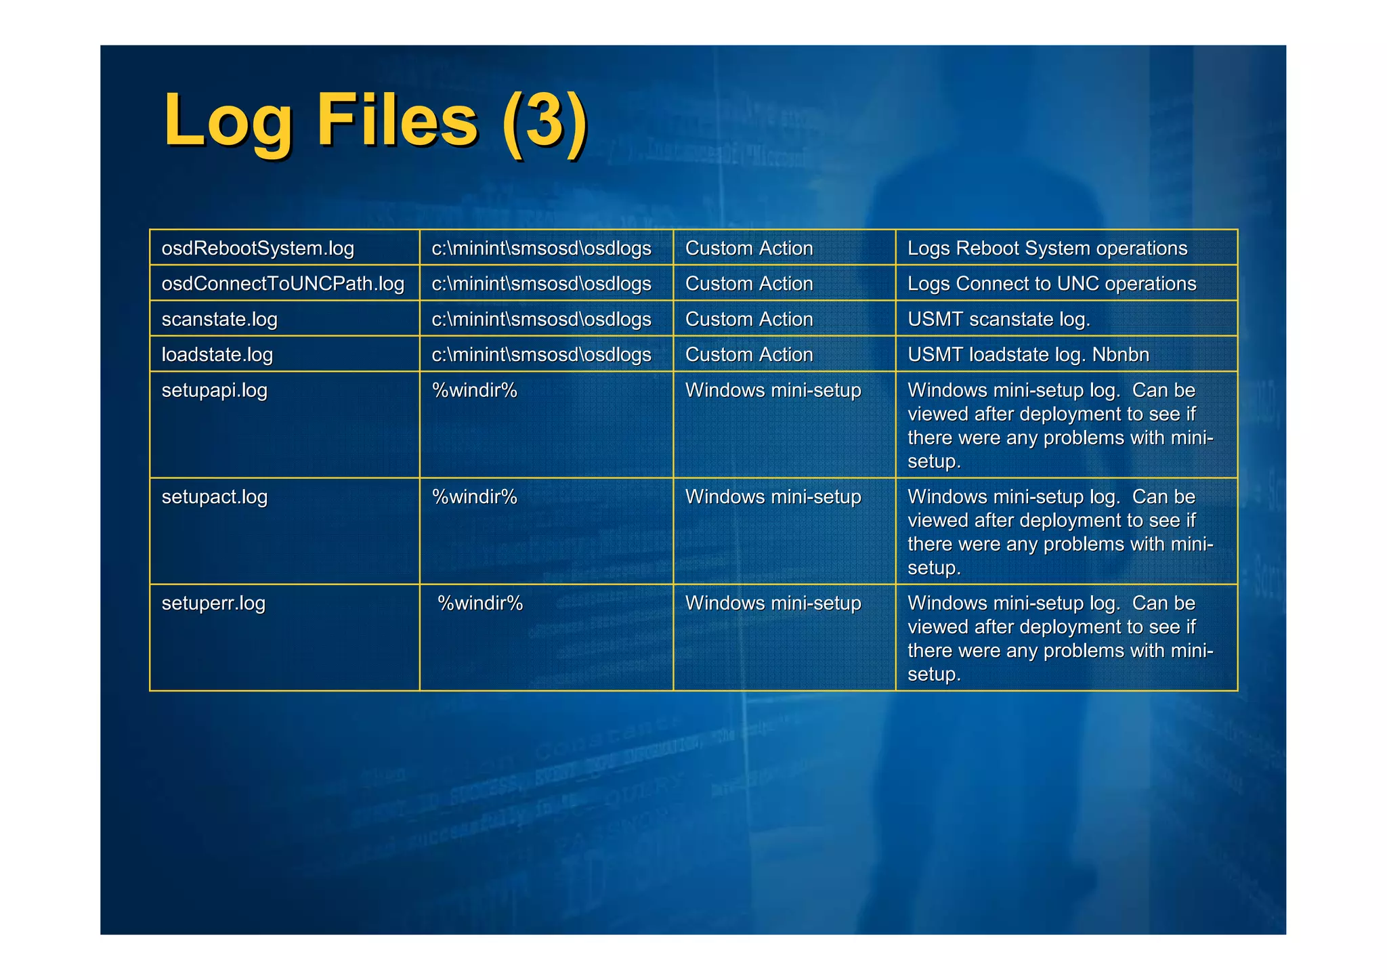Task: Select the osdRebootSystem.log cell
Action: pyautogui.click(x=257, y=249)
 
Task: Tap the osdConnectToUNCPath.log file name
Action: pyautogui.click(x=282, y=284)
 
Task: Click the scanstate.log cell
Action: pyautogui.click(x=219, y=319)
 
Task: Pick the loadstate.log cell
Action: pyautogui.click(x=217, y=355)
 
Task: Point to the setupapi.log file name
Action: pyautogui.click(x=214, y=391)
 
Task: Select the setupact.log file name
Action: pyautogui.click(x=214, y=497)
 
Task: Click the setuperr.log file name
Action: pyautogui.click(x=213, y=603)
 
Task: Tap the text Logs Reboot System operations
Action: pyautogui.click(x=1047, y=249)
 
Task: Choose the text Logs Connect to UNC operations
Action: pyautogui.click(x=1052, y=284)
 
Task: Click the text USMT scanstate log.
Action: pyautogui.click(x=999, y=319)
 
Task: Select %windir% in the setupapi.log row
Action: pyautogui.click(x=474, y=391)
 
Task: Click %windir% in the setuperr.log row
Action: pyautogui.click(x=480, y=603)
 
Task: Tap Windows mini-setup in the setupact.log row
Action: pyautogui.click(x=773, y=497)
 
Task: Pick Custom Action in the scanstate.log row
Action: pyautogui.click(x=749, y=319)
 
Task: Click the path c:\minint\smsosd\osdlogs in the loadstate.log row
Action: pyautogui.click(x=541, y=355)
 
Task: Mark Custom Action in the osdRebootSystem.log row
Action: pyautogui.click(x=749, y=249)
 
